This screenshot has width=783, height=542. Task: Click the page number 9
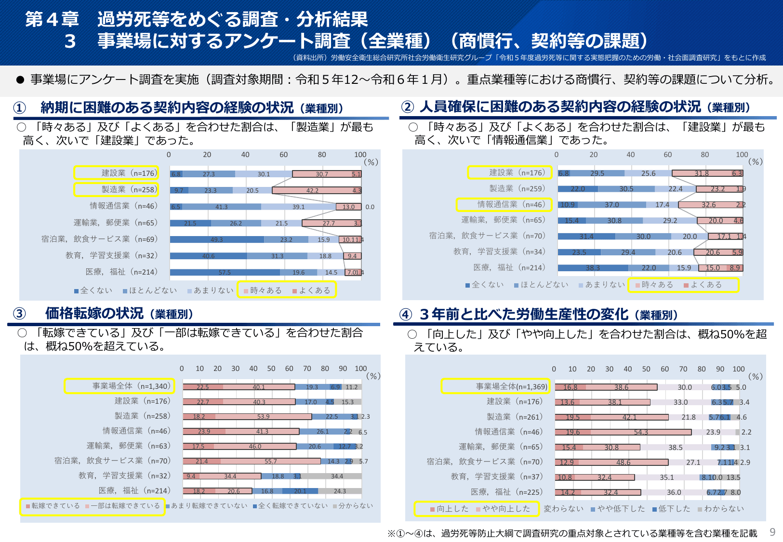[772, 532]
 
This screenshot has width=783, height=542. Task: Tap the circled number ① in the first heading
[19, 107]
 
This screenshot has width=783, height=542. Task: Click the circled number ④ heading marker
[406, 315]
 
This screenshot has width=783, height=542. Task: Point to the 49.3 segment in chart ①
[217, 239]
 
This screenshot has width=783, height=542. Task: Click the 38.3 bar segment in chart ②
[593, 268]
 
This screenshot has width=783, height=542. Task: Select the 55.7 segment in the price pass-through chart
[271, 461]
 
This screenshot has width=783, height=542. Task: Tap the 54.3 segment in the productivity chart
[641, 432]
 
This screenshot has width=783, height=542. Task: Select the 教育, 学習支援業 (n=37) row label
[496, 476]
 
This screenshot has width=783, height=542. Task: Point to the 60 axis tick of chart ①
[283, 155]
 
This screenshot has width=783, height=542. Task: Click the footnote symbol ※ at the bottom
[391, 533]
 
